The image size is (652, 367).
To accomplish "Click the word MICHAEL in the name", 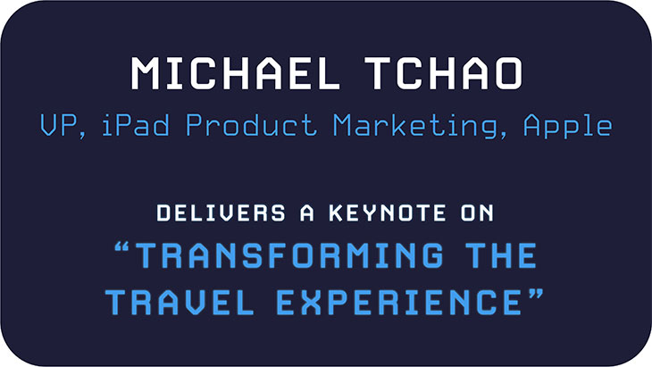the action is click(x=236, y=73).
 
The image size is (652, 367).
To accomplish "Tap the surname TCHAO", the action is click(x=444, y=73).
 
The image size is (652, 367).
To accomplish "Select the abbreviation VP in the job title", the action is click(x=58, y=125).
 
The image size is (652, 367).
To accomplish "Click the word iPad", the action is click(x=136, y=124).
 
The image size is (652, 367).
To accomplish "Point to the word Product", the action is click(x=251, y=124).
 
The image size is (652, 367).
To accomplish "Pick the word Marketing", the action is click(x=416, y=126).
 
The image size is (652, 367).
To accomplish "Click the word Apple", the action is click(x=568, y=126).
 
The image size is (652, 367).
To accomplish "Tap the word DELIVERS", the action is click(x=222, y=213).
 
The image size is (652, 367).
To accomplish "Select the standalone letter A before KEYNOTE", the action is click(x=307, y=213).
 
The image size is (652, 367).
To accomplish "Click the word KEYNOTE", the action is click(x=388, y=213).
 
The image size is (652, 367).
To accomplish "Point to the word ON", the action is click(x=477, y=213).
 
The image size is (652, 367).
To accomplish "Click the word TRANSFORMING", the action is click(x=289, y=254).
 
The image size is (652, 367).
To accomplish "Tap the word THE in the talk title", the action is click(x=501, y=254).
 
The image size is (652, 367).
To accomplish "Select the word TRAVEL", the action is click(x=180, y=302).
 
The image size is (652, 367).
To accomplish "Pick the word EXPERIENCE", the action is click(x=399, y=302).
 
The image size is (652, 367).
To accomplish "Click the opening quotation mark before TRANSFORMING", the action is click(x=121, y=248).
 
